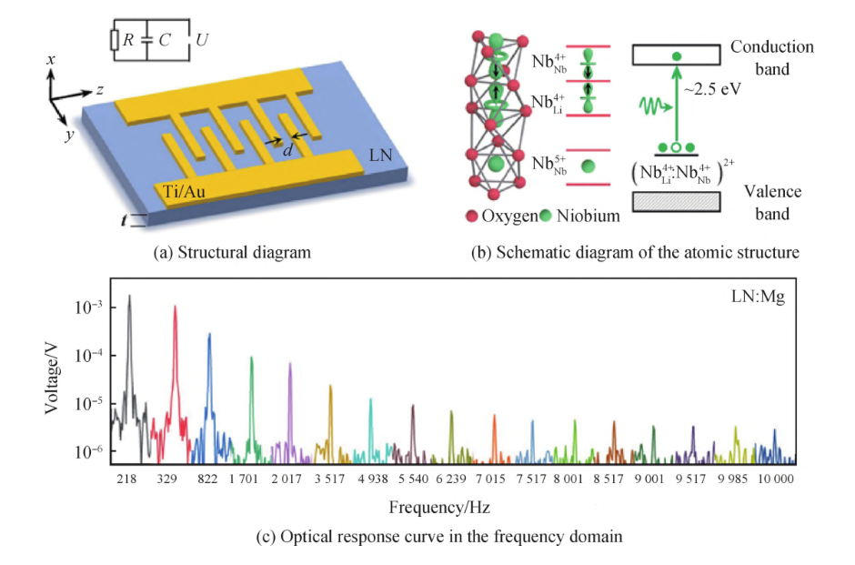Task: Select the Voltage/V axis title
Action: [x=55, y=380]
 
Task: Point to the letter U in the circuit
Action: [x=204, y=40]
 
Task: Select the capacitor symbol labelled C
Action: [x=148, y=40]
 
